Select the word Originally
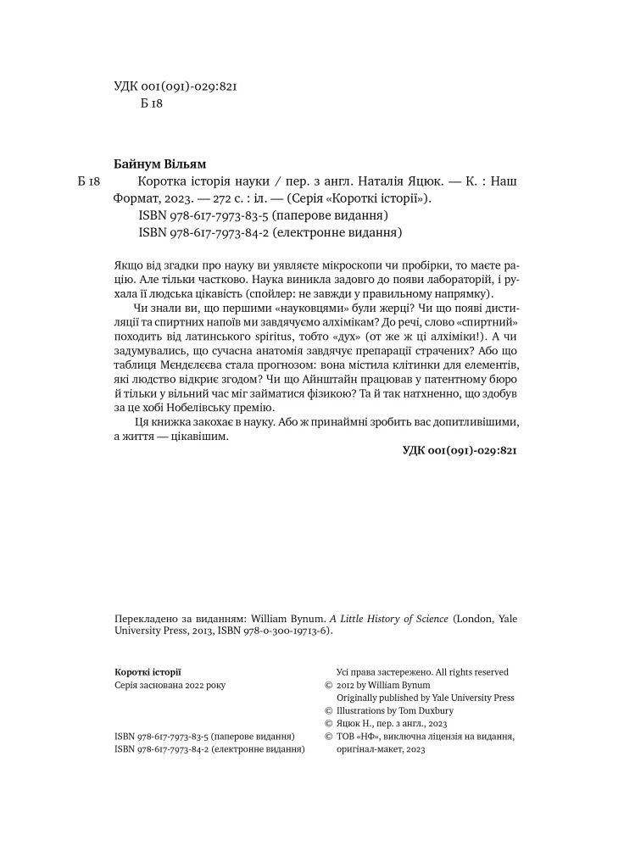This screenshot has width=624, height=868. tap(360, 698)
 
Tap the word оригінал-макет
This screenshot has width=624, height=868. tap(370, 750)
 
